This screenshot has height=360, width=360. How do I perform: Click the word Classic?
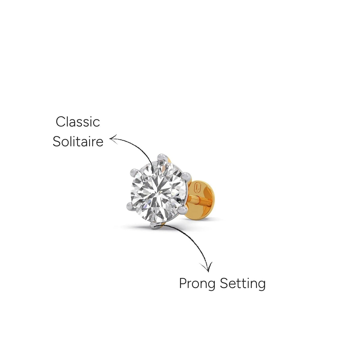coord(78,122)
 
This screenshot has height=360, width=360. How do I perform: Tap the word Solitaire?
coord(78,141)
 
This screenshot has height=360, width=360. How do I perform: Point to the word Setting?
coord(242,283)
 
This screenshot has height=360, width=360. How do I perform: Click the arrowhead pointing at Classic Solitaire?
coord(113,139)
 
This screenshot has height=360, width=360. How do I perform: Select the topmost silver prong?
coord(162,157)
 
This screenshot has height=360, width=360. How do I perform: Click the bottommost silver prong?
coord(153,225)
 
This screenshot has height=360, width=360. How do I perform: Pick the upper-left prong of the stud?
coord(134,172)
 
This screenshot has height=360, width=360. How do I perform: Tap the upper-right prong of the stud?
coord(186,176)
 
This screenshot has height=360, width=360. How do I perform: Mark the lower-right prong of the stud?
coord(182,210)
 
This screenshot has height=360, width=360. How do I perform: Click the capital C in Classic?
coord(60,122)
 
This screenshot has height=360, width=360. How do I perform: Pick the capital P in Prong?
coord(183,283)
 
